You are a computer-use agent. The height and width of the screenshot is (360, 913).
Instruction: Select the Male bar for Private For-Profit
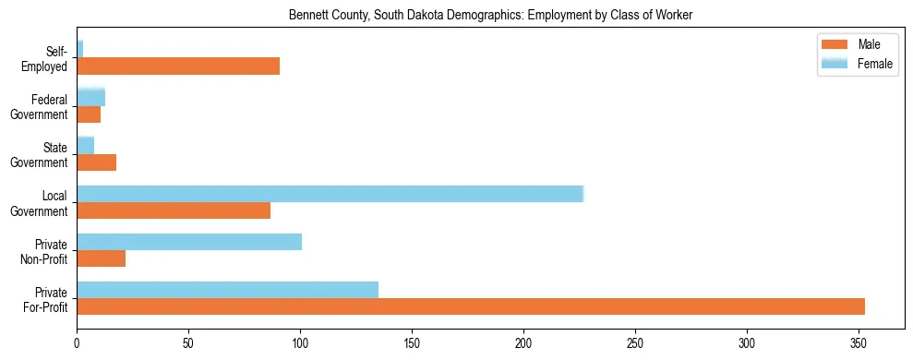471,306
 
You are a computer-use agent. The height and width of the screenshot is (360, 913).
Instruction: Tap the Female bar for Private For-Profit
227,289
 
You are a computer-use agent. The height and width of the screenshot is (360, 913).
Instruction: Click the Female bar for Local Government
330,193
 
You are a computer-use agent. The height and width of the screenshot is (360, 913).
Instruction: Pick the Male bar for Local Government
174,210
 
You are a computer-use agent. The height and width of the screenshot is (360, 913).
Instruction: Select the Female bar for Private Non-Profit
189,242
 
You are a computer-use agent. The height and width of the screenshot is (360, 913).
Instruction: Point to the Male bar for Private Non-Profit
101,258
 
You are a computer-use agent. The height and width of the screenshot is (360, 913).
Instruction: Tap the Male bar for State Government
96,162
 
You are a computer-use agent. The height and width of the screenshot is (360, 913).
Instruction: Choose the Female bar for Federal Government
90,97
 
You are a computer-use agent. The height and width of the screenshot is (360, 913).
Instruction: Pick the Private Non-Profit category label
44,250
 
